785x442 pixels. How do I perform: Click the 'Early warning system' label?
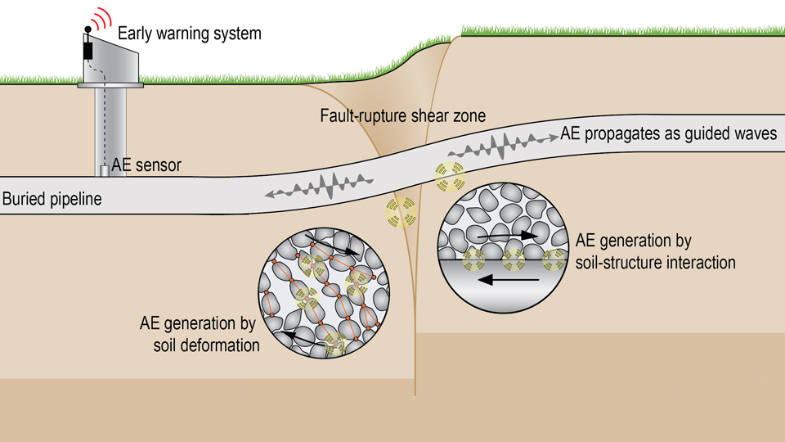click(x=189, y=34)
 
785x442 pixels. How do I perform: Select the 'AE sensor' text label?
click(x=146, y=165)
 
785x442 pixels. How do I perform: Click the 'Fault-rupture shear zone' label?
click(x=402, y=116)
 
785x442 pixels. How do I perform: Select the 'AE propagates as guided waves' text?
click(x=668, y=134)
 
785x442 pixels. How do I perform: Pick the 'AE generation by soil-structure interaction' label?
click(x=656, y=252)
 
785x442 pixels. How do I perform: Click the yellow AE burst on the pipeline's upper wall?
click(x=449, y=174)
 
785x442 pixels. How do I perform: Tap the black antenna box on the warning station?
click(x=88, y=50)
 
